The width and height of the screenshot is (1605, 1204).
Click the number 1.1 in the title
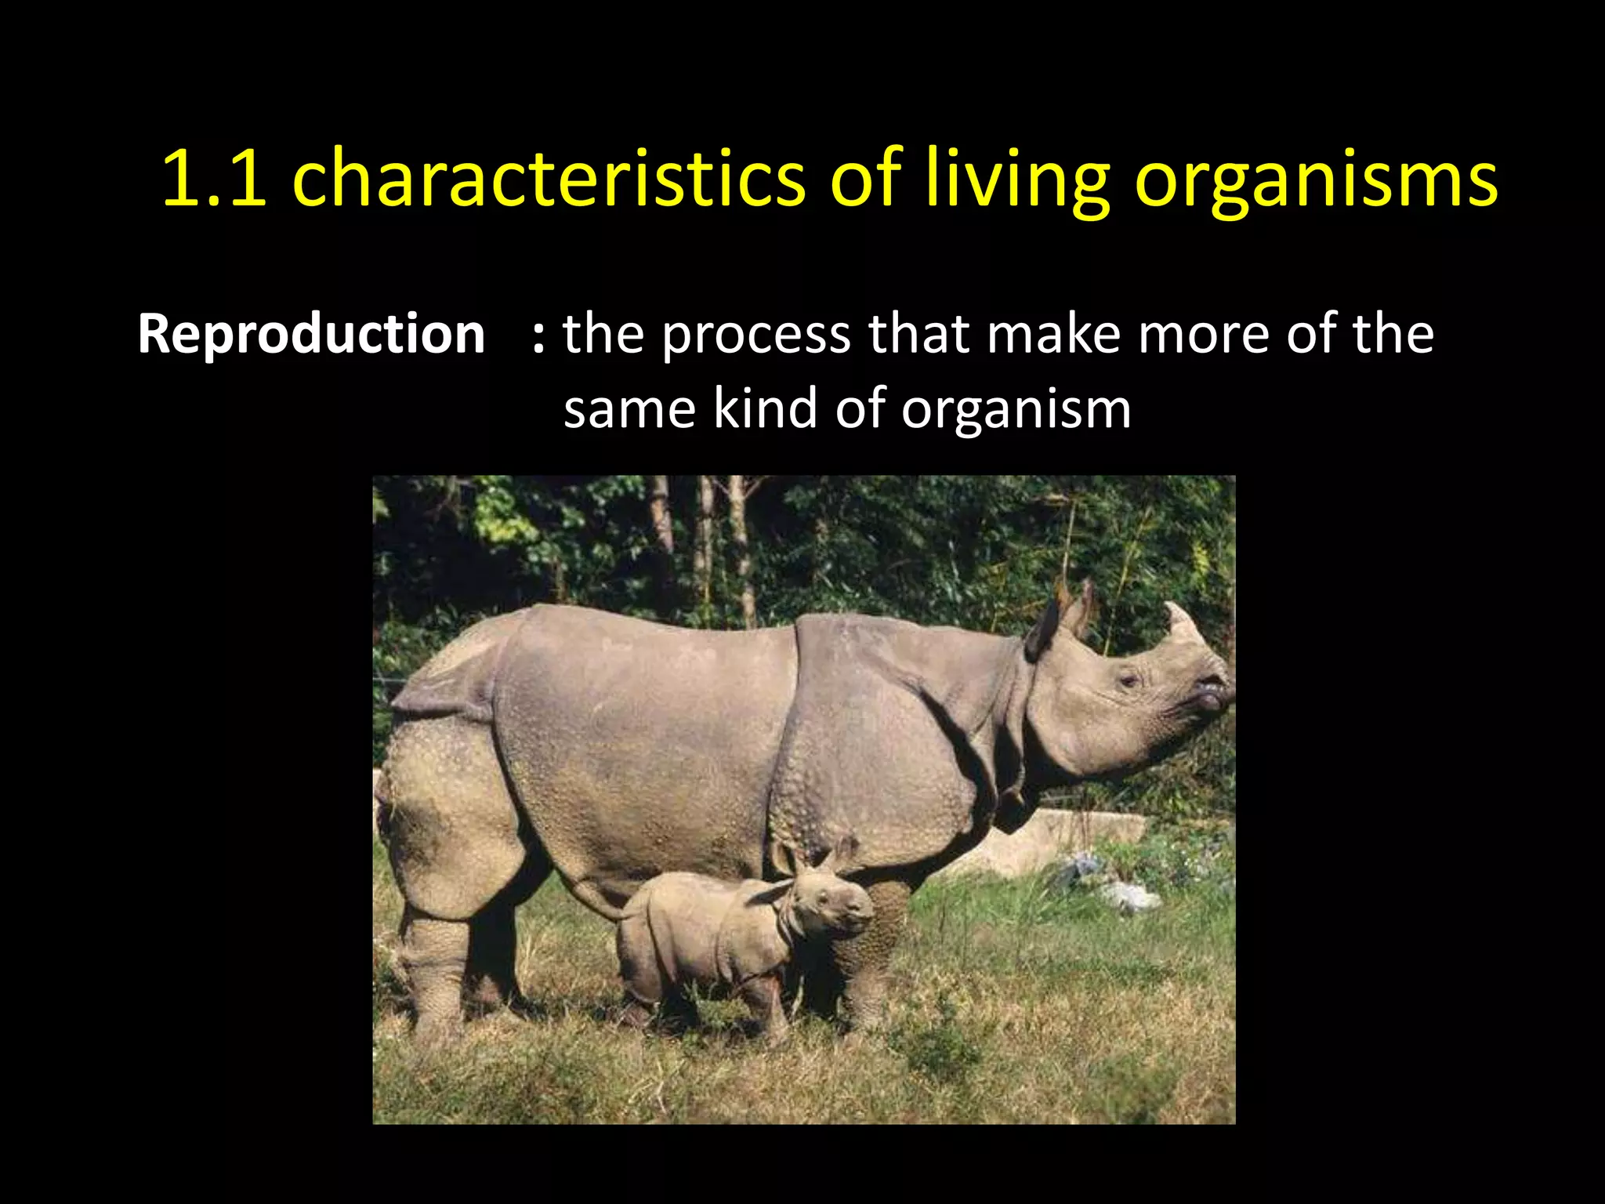213,179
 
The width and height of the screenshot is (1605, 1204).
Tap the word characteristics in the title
549,179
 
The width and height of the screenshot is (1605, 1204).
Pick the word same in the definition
629,410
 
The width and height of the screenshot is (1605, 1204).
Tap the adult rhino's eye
1129,679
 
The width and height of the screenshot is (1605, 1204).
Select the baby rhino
729,941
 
